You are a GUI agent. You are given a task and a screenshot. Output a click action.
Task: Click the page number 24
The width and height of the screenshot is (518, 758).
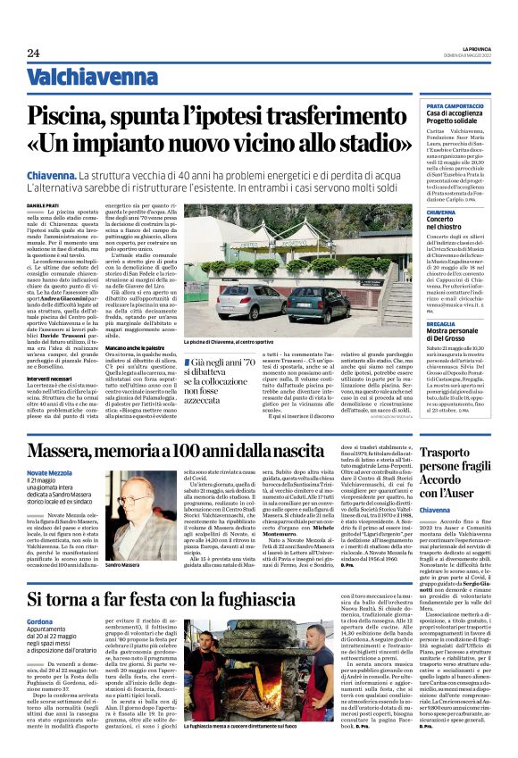33,53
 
